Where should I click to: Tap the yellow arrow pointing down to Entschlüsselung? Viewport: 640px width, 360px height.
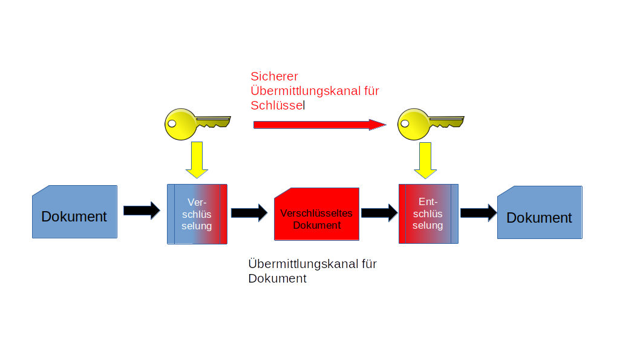point(426,160)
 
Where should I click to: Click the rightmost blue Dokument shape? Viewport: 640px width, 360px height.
point(540,212)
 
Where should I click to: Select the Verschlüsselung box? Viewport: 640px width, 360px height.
point(197,214)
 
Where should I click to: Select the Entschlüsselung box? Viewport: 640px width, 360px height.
point(428,214)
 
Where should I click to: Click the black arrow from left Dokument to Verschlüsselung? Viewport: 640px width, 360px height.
point(142,210)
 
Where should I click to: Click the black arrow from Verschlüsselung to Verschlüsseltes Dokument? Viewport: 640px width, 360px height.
point(249,212)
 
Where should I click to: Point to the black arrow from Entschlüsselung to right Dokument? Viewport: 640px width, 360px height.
point(478,212)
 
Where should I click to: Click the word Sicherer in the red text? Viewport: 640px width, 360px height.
point(274,76)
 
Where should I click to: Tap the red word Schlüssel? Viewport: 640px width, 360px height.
point(278,105)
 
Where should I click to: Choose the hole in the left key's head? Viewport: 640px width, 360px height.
point(172,123)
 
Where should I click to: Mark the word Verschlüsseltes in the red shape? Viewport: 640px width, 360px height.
point(316,214)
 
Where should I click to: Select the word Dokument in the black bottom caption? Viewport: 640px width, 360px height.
point(277,279)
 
